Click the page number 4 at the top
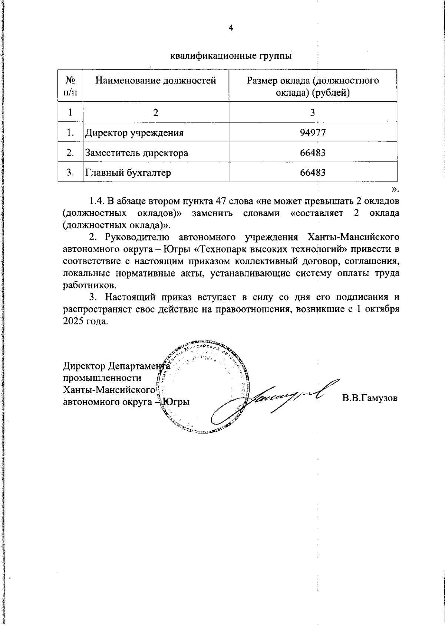coord(230,28)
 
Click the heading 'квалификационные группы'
coord(230,56)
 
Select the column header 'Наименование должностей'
coord(156,81)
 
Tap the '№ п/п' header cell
coord(70,86)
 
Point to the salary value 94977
coord(313,133)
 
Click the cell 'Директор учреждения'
coord(135,133)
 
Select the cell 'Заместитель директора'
coord(136,153)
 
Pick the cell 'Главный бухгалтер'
coord(128,173)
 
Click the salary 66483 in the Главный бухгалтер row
coord(313,173)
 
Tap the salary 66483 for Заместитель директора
coord(313,153)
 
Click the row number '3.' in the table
coord(70,173)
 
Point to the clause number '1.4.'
coord(97,202)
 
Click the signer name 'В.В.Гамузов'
coord(370,398)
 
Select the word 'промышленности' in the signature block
coord(102,378)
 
